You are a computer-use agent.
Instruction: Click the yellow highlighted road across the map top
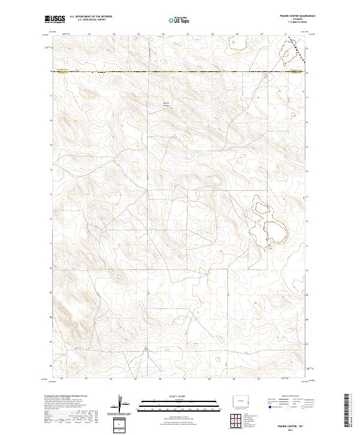pyautogui.click(x=180, y=72)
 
